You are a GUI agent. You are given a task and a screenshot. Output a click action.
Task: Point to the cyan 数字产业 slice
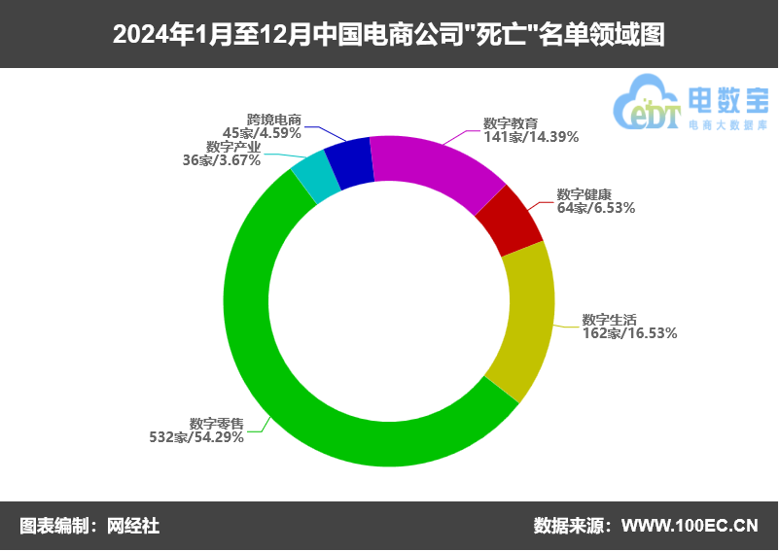(316, 175)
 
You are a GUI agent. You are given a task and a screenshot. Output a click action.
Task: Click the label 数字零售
(216, 424)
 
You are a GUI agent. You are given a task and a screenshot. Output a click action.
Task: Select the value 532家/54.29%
(195, 437)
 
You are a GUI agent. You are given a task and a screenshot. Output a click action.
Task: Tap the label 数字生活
(609, 319)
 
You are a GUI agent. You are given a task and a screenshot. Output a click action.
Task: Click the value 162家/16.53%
(629, 332)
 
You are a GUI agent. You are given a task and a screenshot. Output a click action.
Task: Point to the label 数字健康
(584, 194)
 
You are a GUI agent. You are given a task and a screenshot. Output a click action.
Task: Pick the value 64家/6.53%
(596, 207)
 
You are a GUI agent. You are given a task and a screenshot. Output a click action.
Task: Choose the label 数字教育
(511, 124)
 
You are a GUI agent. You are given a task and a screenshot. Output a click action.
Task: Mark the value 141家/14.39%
(531, 137)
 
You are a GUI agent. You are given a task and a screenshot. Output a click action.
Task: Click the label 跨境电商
(274, 120)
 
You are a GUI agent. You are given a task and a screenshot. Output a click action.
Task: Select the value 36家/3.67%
(222, 159)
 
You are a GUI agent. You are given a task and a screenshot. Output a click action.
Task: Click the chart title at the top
(389, 35)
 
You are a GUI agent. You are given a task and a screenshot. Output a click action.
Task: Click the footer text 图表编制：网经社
(89, 526)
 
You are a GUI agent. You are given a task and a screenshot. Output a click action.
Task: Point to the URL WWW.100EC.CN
(689, 526)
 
